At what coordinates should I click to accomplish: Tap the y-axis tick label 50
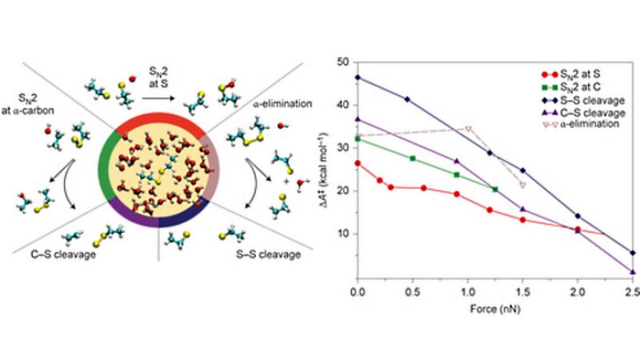click(346, 62)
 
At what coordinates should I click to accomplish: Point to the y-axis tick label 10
click(346, 234)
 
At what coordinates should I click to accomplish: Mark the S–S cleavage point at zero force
click(358, 78)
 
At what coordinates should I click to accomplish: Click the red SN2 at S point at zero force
click(358, 163)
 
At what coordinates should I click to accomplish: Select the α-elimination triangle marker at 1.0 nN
click(468, 129)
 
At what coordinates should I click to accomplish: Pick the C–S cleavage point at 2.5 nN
click(632, 272)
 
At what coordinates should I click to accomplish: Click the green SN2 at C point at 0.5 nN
click(413, 158)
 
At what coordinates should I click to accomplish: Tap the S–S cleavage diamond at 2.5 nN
click(633, 253)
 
